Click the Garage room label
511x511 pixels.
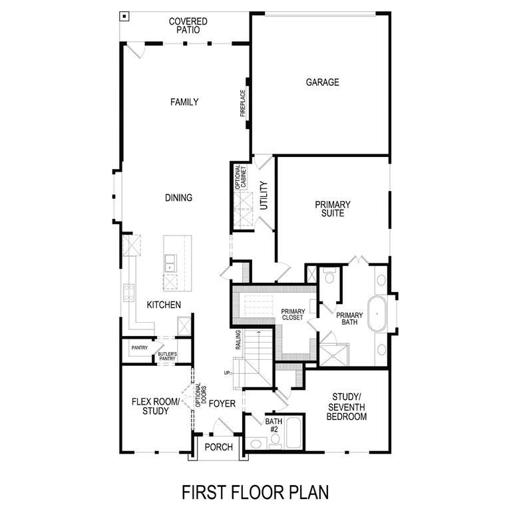(322, 82)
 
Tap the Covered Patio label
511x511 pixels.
(188, 26)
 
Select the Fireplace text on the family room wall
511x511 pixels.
(242, 103)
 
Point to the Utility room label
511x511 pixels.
(263, 196)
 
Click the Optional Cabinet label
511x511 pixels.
(240, 176)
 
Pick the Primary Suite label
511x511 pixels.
(333, 209)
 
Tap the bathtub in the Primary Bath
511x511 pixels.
(377, 313)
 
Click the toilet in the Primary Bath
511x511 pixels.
(329, 275)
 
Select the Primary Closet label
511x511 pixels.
(293, 315)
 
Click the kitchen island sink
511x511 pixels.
(170, 263)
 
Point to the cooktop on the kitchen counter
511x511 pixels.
(128, 293)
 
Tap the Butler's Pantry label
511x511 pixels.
(167, 356)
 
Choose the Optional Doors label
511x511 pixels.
(201, 395)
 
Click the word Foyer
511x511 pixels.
(222, 404)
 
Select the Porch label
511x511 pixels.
(219, 447)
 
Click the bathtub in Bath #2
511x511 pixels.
(293, 432)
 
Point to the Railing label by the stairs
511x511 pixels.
(238, 340)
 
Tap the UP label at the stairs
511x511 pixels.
(227, 373)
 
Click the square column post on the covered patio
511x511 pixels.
(124, 16)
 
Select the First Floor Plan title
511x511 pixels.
(255, 492)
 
